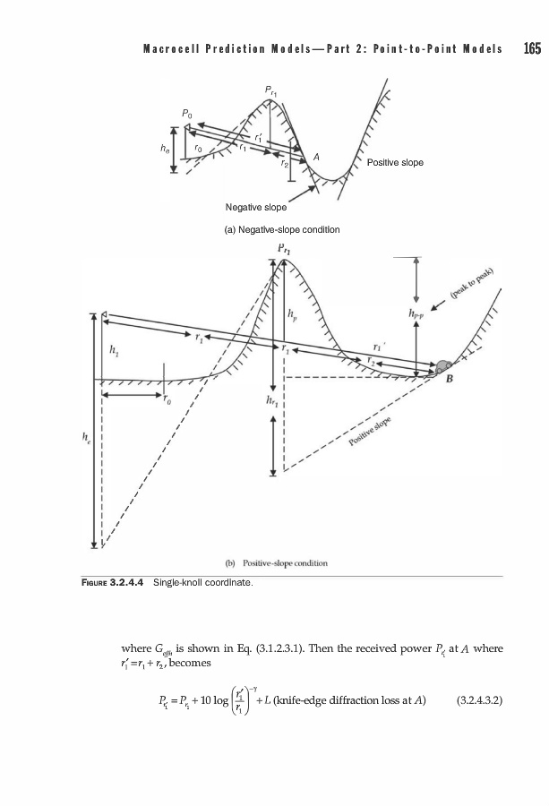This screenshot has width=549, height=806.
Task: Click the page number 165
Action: click(532, 47)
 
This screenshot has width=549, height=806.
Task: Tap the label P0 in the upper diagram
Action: click(185, 115)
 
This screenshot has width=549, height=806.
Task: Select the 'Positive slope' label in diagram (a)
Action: click(395, 163)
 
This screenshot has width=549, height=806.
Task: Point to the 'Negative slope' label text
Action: click(256, 207)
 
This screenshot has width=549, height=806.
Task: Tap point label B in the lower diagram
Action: click(450, 379)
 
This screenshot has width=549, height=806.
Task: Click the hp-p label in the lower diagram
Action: click(416, 313)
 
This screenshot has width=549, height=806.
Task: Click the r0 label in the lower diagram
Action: click(167, 400)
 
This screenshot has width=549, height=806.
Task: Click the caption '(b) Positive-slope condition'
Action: click(275, 563)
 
